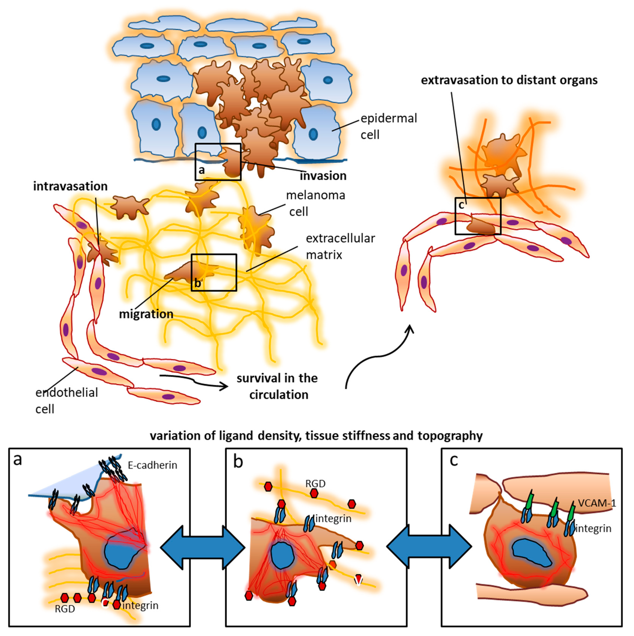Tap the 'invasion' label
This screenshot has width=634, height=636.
click(323, 176)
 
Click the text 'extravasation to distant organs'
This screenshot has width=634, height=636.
click(509, 80)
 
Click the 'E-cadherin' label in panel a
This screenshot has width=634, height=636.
click(152, 465)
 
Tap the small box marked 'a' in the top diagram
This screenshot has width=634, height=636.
click(218, 162)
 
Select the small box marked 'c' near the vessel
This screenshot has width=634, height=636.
click(478, 216)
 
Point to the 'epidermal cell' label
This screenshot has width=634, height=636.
click(388, 126)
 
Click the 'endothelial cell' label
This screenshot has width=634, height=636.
click(67, 401)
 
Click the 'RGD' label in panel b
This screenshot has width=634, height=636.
click(315, 483)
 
